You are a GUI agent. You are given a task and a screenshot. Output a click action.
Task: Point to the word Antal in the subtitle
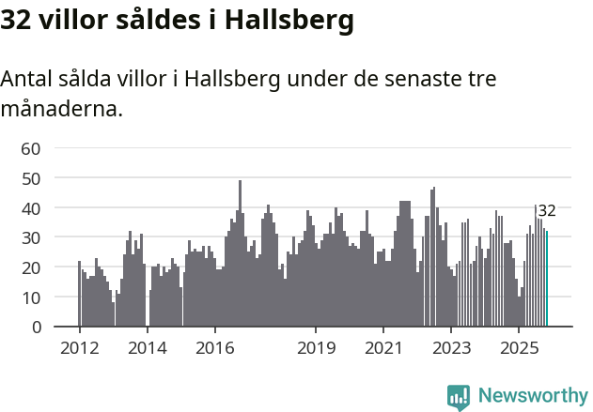point(27,79)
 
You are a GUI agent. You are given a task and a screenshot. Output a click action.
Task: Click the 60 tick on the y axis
point(30,148)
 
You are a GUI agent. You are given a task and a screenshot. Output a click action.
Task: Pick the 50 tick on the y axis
point(30,177)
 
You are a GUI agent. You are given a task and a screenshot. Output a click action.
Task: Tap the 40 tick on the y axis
point(30,207)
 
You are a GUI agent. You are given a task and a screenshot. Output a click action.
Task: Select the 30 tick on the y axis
point(30,237)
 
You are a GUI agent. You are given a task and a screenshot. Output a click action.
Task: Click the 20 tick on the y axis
point(30,267)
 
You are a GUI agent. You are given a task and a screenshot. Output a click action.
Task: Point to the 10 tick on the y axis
point(30,298)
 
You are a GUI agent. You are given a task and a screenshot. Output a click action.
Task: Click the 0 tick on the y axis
point(36,328)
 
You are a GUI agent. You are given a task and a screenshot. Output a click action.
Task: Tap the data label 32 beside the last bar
point(547,210)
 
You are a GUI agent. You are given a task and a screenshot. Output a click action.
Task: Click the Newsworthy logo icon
point(459,397)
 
